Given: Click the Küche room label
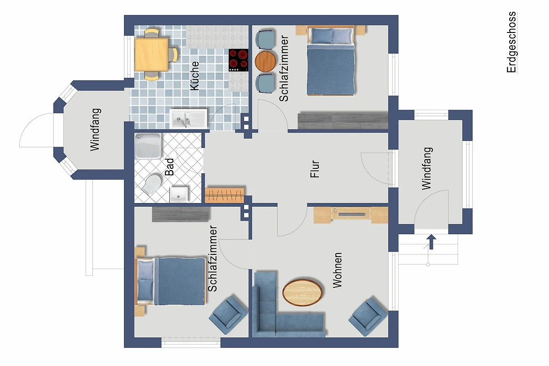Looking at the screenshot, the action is click(194, 75).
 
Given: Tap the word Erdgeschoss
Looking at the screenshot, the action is click(511, 42).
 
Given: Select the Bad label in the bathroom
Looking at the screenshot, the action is click(169, 167).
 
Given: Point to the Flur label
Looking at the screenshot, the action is click(315, 169).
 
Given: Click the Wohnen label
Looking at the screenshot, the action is click(337, 270).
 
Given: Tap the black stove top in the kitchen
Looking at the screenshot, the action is click(238, 60).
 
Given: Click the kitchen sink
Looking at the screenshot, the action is click(188, 118).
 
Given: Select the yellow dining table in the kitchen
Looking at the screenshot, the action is click(151, 54).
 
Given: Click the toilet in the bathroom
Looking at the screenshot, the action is click(152, 184).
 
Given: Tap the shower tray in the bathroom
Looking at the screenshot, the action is click(148, 146).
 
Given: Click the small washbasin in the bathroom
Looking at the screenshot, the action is click(179, 195).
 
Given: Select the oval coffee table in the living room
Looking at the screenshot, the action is click(302, 292).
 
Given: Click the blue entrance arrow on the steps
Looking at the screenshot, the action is click(431, 242).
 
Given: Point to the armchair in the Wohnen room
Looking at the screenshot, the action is click(368, 317).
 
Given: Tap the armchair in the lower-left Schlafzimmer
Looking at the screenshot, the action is click(228, 315).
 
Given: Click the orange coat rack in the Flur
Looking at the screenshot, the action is click(225, 195).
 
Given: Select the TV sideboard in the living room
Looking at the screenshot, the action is click(351, 215).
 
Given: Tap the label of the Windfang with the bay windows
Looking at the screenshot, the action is click(95, 129).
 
